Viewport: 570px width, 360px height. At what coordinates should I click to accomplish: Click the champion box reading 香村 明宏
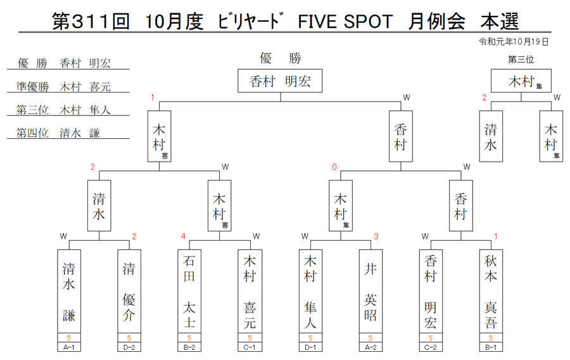click(x=280, y=80)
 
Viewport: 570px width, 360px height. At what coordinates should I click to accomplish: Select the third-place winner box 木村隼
click(x=521, y=80)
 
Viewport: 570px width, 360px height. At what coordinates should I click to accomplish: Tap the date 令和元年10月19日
click(x=513, y=42)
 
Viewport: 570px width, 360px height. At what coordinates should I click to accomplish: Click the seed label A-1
click(x=68, y=347)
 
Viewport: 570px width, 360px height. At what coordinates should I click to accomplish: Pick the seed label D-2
click(x=129, y=347)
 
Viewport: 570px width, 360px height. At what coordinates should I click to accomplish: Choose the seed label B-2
click(x=189, y=347)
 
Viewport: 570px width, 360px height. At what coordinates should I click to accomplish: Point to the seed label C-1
click(x=250, y=347)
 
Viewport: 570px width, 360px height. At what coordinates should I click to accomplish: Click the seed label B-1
click(x=491, y=347)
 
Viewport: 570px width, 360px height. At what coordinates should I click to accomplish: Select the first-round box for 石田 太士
click(x=189, y=292)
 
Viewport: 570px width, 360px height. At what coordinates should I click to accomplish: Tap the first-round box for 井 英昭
click(x=370, y=292)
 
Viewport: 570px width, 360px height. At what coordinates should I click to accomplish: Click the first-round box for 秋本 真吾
click(x=491, y=292)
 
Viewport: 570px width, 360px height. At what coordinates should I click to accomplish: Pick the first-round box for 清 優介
click(x=129, y=292)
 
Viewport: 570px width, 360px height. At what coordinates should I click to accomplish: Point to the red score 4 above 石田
click(x=183, y=236)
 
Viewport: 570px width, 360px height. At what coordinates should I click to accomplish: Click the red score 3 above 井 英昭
click(x=376, y=236)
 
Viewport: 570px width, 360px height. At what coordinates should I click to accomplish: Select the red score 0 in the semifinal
click(x=334, y=167)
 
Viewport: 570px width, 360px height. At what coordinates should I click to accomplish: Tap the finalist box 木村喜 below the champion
click(x=159, y=136)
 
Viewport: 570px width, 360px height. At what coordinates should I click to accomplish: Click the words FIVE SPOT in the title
click(x=345, y=22)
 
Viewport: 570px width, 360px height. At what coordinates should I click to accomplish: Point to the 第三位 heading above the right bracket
click(x=521, y=60)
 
